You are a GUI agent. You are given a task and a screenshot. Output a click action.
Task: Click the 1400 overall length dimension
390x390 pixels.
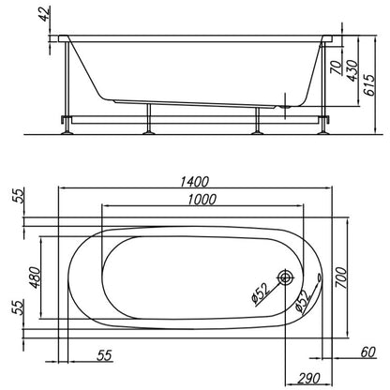[x=194, y=182]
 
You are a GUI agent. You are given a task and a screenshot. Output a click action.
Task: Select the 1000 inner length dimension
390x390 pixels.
[x=202, y=199]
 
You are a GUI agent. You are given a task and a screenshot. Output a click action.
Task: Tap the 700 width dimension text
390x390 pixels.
[x=340, y=277]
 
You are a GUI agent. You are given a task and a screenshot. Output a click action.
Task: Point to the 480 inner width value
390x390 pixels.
[x=35, y=277]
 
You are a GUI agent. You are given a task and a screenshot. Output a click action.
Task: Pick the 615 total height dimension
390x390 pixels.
[x=369, y=85]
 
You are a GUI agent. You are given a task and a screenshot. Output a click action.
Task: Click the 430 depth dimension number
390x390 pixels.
[x=352, y=70]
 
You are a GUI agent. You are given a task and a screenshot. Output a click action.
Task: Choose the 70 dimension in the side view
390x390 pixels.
[x=337, y=67]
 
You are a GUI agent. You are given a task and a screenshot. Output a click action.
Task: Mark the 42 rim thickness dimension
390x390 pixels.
[x=45, y=14]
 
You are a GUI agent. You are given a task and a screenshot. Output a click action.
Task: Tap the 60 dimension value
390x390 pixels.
[x=367, y=352]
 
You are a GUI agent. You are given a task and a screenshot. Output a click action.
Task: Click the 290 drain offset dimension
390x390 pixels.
[x=308, y=378]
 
